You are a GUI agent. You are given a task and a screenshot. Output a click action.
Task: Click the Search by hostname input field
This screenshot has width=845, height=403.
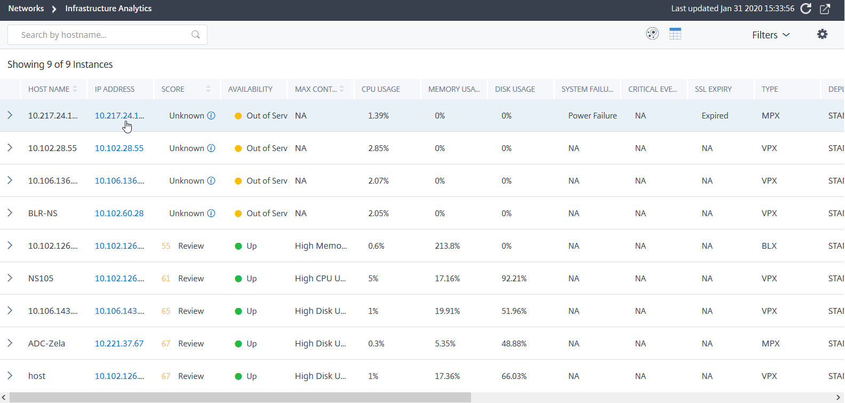[107, 35]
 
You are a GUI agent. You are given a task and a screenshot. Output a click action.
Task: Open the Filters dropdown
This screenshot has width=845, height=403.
[771, 35]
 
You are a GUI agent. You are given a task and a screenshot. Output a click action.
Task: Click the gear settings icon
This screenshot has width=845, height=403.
[823, 34]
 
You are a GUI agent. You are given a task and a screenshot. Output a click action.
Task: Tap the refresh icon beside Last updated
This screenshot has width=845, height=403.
[806, 9]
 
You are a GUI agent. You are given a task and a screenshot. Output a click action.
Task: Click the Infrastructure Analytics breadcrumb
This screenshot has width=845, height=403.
[108, 9]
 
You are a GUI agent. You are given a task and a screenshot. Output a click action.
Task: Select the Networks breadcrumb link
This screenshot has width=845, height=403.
[26, 9]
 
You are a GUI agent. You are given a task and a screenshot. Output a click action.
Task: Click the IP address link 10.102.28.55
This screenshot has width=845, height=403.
[119, 148]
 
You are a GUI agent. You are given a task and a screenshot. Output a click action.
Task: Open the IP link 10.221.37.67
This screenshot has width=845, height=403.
[119, 344]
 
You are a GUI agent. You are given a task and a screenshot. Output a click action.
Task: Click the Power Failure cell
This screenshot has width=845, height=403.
[593, 116]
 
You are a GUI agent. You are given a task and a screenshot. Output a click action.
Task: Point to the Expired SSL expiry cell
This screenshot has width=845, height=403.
[715, 116]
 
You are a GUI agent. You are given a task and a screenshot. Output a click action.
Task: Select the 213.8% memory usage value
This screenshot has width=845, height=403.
[447, 246]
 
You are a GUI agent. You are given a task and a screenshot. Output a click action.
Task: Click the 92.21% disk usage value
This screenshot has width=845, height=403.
[514, 279]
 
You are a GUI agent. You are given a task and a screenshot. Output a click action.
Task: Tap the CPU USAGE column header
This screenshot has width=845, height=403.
[381, 90]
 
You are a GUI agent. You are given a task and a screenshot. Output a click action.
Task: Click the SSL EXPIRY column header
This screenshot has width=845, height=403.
[713, 90]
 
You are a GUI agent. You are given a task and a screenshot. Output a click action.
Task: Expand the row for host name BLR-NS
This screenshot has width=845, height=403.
[10, 213]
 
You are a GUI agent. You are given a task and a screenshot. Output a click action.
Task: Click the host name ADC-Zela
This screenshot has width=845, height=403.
[46, 344]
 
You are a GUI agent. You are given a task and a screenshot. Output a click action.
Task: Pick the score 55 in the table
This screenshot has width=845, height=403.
[165, 246]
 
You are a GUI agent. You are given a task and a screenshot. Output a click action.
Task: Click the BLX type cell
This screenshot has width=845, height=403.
[769, 246]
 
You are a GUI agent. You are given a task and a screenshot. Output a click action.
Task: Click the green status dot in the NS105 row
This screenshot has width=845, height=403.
[238, 279]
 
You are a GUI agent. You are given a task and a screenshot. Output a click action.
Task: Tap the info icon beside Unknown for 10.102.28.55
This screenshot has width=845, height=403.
[211, 148]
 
